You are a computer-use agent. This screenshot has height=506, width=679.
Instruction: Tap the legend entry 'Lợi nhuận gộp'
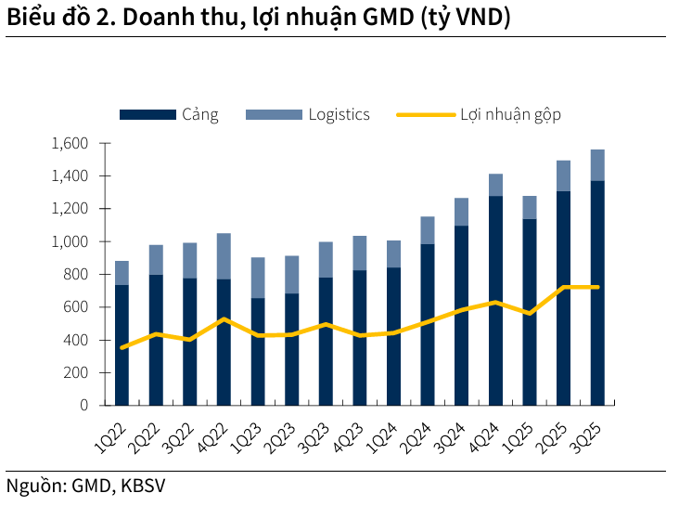tap(478, 114)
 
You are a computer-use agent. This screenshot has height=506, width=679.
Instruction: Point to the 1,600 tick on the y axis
tap(70, 143)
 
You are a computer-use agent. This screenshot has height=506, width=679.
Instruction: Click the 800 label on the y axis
tap(76, 275)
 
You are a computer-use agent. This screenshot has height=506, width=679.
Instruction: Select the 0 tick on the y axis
tap(83, 406)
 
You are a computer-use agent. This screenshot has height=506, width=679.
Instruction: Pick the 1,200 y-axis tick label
tap(70, 209)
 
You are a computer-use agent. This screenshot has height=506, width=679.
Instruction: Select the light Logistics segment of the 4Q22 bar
tap(224, 256)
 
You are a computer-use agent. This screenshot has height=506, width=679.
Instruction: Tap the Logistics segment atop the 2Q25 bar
tap(564, 175)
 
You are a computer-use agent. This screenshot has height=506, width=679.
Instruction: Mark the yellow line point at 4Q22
tap(224, 319)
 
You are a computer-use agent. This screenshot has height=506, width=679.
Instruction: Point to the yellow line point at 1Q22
tap(122, 347)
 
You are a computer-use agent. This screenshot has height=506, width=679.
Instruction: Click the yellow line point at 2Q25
tap(564, 288)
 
